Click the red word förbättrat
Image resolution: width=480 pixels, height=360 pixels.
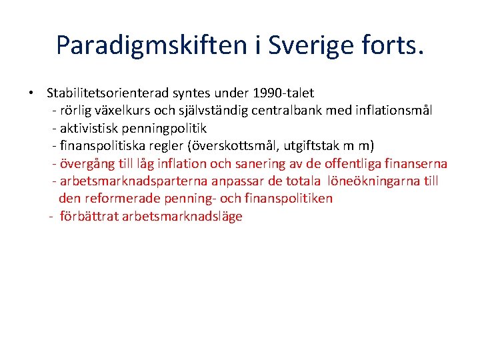pyautogui.click(x=89, y=217)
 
